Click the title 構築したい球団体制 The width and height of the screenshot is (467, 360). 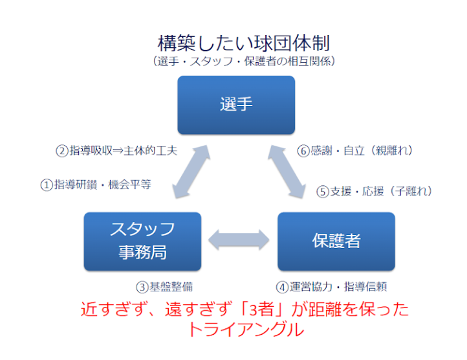click(244, 43)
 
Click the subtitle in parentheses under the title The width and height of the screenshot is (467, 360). click(244, 62)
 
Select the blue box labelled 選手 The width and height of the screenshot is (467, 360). click(236, 104)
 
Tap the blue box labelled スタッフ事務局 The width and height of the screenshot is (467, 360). click(142, 240)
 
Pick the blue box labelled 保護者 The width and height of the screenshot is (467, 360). click(336, 240)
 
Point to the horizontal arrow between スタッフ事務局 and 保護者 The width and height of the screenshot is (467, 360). click(239, 240)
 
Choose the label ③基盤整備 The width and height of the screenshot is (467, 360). click(164, 286)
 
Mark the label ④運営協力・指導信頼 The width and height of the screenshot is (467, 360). click(332, 286)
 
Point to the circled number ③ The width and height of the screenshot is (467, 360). click(140, 286)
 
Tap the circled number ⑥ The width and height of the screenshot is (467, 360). click(302, 150)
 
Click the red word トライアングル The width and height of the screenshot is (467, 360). click(245, 329)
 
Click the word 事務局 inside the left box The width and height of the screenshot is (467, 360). click(142, 252)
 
